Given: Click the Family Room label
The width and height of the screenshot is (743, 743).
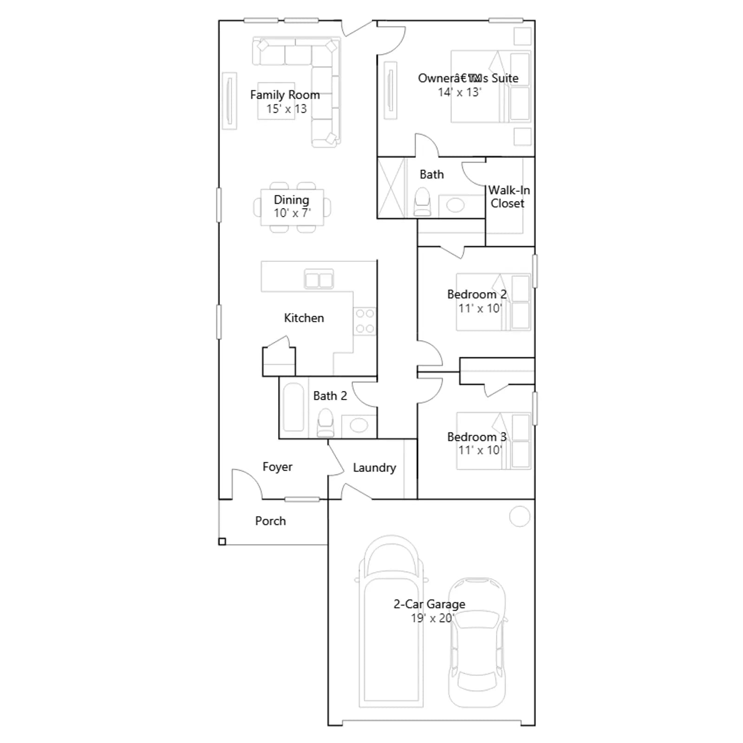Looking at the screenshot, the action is click(x=285, y=95).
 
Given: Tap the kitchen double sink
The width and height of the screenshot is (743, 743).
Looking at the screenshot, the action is click(x=319, y=280).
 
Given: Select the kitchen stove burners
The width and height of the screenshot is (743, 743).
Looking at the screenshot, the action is click(x=365, y=321).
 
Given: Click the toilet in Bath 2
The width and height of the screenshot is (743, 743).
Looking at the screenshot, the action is click(x=325, y=423).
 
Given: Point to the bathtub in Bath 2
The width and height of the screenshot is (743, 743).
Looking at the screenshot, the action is click(x=293, y=407).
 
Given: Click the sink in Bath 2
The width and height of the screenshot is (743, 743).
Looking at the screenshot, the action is click(x=358, y=425).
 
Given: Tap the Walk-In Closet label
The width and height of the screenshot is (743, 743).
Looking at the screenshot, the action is click(x=508, y=197).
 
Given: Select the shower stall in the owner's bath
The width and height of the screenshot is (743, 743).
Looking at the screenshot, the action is click(x=391, y=188).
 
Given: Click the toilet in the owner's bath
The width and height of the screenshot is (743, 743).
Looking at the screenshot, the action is click(x=422, y=202).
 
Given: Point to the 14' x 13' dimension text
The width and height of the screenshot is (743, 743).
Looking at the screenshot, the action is click(x=459, y=92).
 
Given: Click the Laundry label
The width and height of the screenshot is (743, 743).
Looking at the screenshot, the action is click(x=374, y=468).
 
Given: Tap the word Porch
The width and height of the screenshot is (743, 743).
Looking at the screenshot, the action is click(x=270, y=521).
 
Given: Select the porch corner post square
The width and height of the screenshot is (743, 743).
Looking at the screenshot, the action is click(x=222, y=541).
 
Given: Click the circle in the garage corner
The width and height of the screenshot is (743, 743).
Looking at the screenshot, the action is click(x=520, y=516).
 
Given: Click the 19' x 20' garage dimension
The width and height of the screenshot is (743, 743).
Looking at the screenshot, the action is click(x=432, y=618).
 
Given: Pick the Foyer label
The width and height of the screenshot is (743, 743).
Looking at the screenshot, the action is click(x=277, y=467).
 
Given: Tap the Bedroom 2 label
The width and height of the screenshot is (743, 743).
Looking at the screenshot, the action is click(x=477, y=294).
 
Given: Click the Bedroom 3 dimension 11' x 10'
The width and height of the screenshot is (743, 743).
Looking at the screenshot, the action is click(x=480, y=450).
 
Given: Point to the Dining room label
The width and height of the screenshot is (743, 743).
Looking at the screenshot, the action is click(x=291, y=200).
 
